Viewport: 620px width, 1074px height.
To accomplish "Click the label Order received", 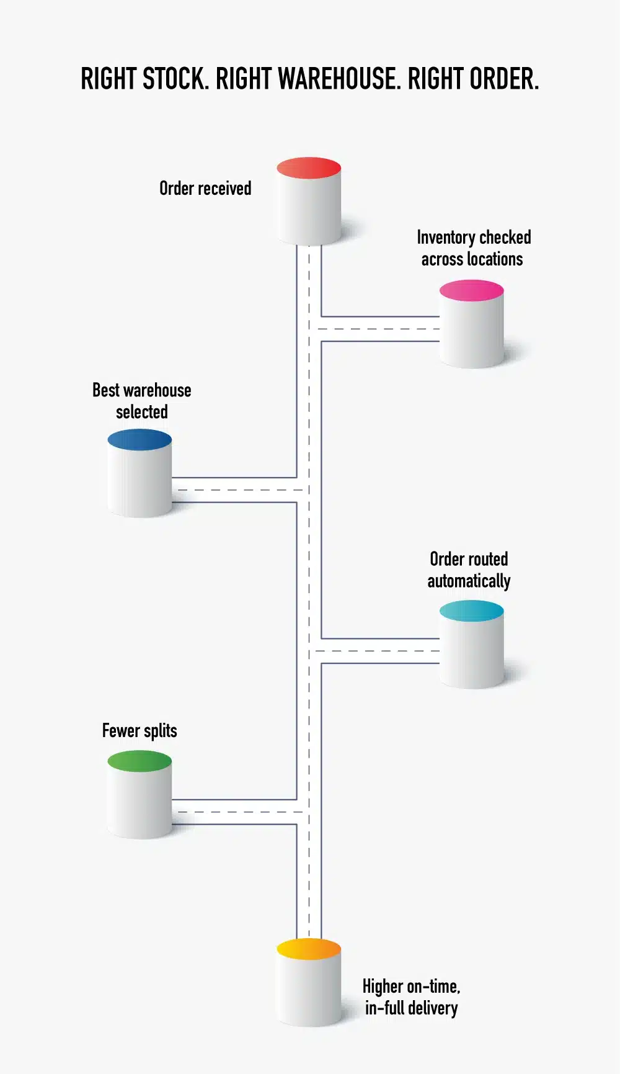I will (205, 189).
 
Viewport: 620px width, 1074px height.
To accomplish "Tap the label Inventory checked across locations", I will (473, 248).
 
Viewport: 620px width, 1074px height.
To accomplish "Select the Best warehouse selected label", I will (142, 401).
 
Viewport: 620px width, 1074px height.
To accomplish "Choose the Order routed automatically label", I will (469, 570).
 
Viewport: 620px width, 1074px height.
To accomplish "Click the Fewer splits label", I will (139, 731).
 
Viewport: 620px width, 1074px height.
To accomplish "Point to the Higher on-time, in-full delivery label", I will (411, 997).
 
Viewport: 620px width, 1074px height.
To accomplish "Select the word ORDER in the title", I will (503, 79).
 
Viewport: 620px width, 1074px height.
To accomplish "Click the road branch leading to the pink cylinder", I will (379, 329).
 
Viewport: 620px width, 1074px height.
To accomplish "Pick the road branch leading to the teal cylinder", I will (379, 651).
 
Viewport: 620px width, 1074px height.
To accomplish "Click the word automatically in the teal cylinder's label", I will (469, 581).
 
